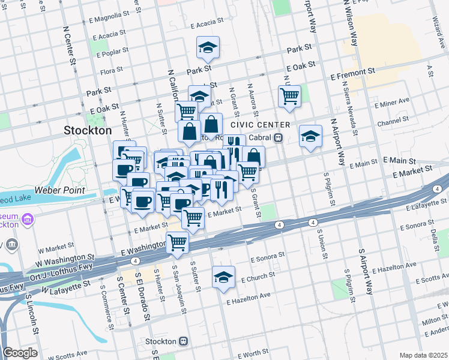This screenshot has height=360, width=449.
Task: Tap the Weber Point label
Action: (x=59, y=190)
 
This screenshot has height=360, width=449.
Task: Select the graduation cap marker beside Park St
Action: (x=208, y=47)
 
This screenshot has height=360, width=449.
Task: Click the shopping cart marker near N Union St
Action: (x=289, y=96)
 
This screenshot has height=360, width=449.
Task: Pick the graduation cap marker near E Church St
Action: (x=223, y=277)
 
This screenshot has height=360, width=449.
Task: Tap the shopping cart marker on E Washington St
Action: (x=178, y=242)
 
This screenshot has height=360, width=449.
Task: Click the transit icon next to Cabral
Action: (x=279, y=137)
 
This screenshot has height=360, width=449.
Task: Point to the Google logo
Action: (x=20, y=353)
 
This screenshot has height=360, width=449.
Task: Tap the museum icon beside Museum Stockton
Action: (x=27, y=220)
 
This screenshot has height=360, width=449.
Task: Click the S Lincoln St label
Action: (x=32, y=324)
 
